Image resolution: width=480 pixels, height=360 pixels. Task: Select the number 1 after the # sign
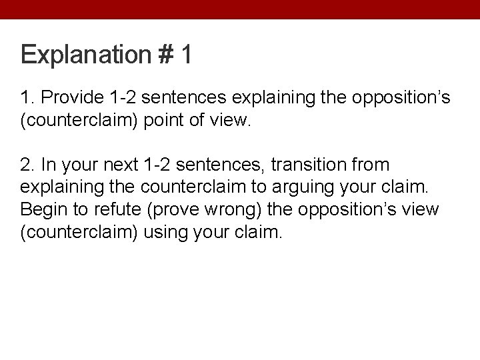[186, 55]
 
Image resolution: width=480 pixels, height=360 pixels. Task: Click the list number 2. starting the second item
[27, 164]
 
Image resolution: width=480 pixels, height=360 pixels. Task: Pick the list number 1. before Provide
[27, 98]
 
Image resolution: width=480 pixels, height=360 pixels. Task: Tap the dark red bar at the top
[240, 9]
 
